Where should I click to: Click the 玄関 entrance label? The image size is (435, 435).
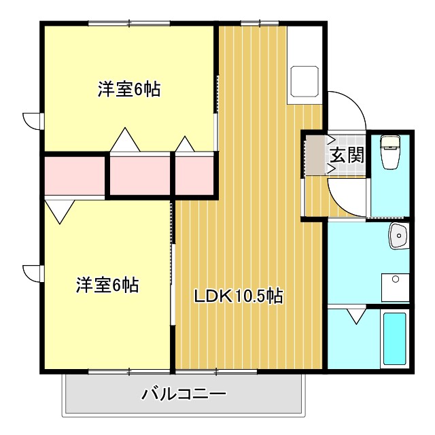point(347,154)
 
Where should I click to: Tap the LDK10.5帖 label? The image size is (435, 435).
point(239,296)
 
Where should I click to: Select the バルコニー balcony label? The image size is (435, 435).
point(184,394)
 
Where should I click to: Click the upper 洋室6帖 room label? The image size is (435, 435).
point(129,89)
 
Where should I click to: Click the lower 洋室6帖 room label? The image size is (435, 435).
point(107,285)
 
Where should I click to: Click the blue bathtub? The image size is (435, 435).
point(394,338)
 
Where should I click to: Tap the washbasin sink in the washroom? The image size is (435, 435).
point(398,237)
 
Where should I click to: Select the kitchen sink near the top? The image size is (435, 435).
point(304,82)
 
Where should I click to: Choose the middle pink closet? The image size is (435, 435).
point(140,175)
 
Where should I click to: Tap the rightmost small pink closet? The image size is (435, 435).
point(196,175)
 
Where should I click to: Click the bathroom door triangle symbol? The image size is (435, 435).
point(354,315)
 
